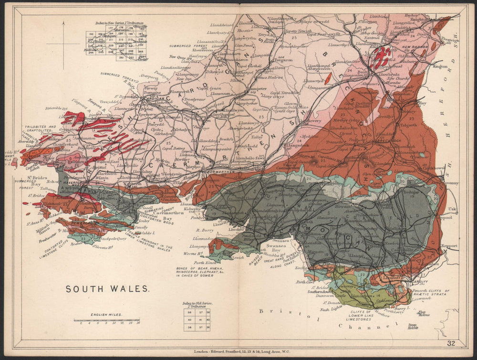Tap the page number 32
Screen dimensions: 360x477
click(451, 343)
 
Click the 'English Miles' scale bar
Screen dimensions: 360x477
click(106, 320)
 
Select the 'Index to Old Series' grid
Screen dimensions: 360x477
click(197, 319)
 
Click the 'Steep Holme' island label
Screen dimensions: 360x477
click(413, 326)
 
